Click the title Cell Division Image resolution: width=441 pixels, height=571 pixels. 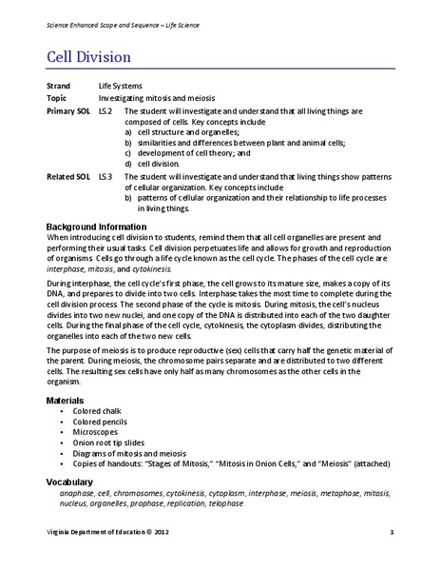pyautogui.click(x=91, y=55)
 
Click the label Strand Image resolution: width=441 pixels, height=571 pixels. pyautogui.click(x=58, y=86)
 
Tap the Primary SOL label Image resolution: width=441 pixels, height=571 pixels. pyautogui.click(x=67, y=111)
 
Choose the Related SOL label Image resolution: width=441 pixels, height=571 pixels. pyautogui.click(x=67, y=176)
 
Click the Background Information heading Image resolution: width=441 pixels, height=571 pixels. pyautogui.click(x=105, y=226)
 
